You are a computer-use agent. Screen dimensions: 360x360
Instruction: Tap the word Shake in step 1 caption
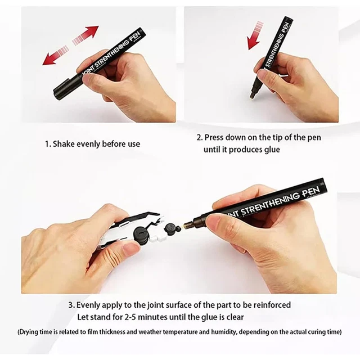point(65,144)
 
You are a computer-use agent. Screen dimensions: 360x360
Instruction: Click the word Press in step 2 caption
point(215,137)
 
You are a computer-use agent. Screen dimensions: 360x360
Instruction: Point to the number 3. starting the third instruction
point(71,305)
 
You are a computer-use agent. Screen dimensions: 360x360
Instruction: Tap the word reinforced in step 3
point(269,305)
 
